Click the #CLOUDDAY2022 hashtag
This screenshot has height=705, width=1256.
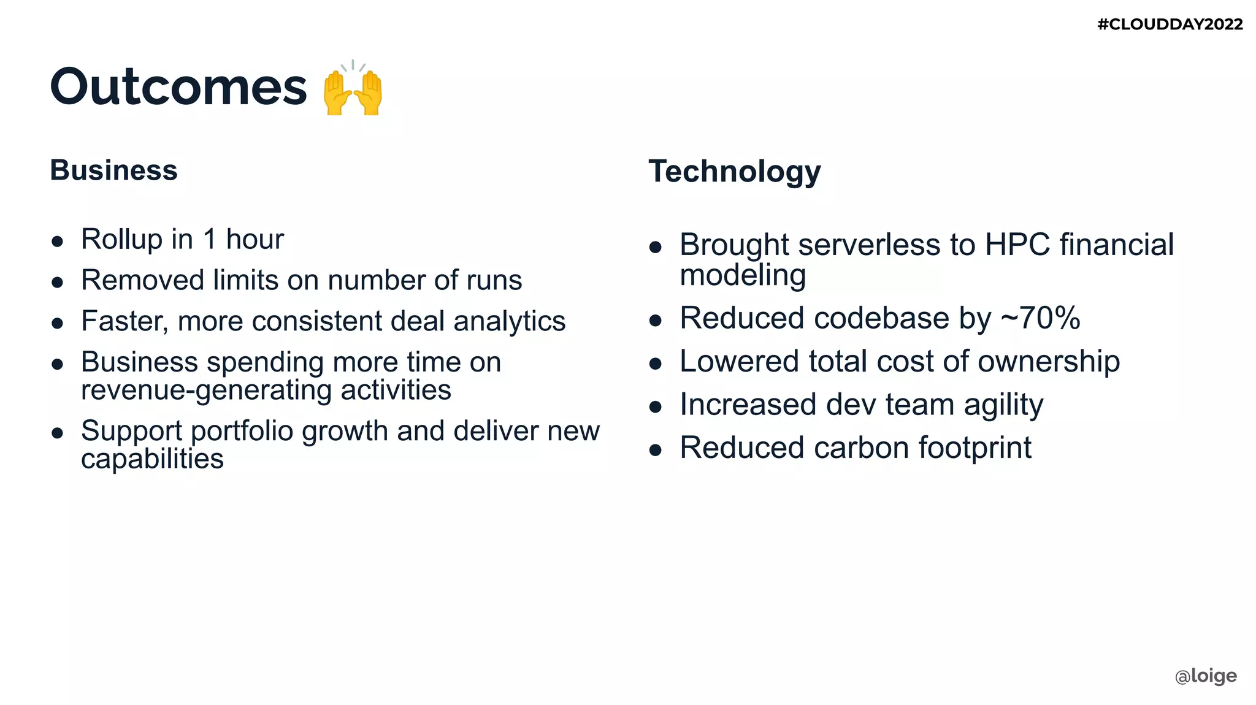pyautogui.click(x=1170, y=25)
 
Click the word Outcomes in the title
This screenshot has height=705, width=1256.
pyautogui.click(x=178, y=86)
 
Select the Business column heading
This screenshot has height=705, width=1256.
pyautogui.click(x=113, y=170)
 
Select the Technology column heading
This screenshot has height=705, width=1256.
pyautogui.click(x=734, y=171)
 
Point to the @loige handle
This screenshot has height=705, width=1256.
pyautogui.click(x=1205, y=676)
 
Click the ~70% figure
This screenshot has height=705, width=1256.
pyautogui.click(x=1040, y=318)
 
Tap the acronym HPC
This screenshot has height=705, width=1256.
pyautogui.click(x=1017, y=245)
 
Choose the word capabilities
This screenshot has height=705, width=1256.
pyautogui.click(x=152, y=459)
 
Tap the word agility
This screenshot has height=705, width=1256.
pyautogui.click(x=1003, y=405)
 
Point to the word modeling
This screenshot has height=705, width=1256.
pyautogui.click(x=743, y=275)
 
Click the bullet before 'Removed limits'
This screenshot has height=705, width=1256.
pyautogui.click(x=58, y=282)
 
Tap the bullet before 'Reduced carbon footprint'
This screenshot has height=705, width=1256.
pyautogui.click(x=656, y=450)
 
